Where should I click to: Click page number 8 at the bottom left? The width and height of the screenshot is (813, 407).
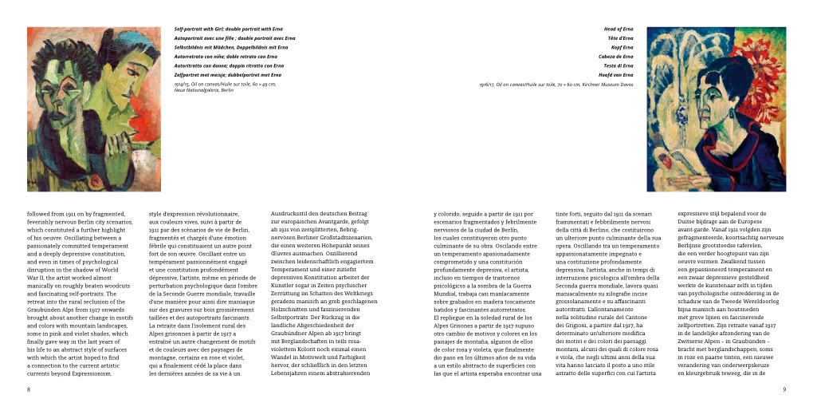(x=29, y=389)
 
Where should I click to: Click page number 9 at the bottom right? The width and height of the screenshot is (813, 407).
(x=784, y=389)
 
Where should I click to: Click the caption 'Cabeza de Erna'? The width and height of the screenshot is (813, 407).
(x=616, y=57)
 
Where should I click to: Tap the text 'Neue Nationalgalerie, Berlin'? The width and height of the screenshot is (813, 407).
(x=204, y=89)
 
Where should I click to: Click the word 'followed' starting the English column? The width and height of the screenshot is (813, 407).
(x=39, y=215)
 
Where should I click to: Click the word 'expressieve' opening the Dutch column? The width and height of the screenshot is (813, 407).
(x=693, y=215)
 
